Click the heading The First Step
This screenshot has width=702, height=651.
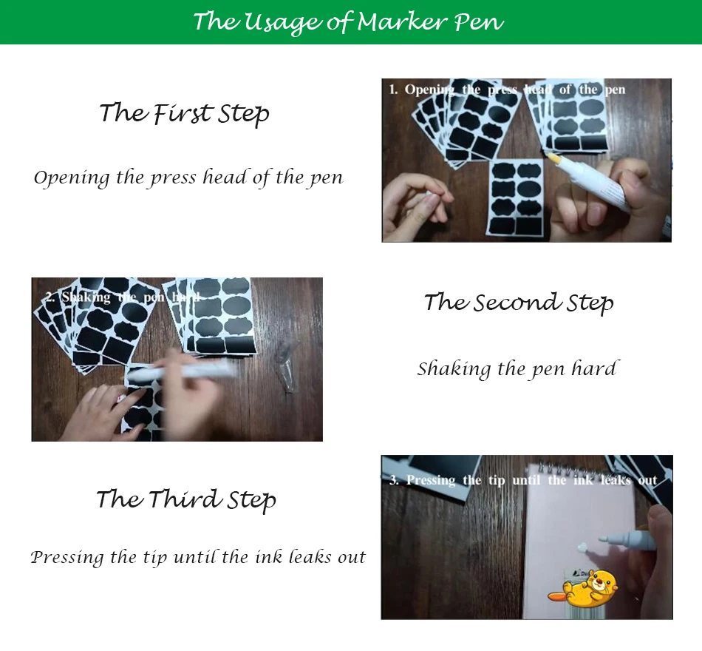tap(185, 112)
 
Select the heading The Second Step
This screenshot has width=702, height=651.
tap(519, 303)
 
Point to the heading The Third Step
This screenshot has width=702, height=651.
tap(186, 499)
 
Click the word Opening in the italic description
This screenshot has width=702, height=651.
tap(72, 178)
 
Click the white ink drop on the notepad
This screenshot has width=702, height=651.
tap(582, 547)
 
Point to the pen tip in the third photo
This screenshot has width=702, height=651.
tap(603, 538)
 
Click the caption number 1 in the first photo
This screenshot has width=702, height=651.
tap(393, 90)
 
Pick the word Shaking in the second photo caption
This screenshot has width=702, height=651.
tap(86, 297)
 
